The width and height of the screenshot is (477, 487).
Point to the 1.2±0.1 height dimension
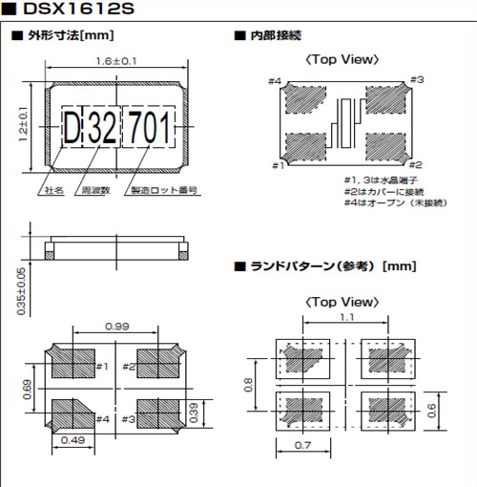[22, 125]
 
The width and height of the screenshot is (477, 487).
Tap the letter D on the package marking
[73, 125]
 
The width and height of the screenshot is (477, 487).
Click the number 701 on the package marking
[150, 125]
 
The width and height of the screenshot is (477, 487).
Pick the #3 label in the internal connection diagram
[417, 80]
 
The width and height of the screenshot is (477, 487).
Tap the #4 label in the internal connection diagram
[274, 82]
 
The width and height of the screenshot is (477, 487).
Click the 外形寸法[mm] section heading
[67, 36]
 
